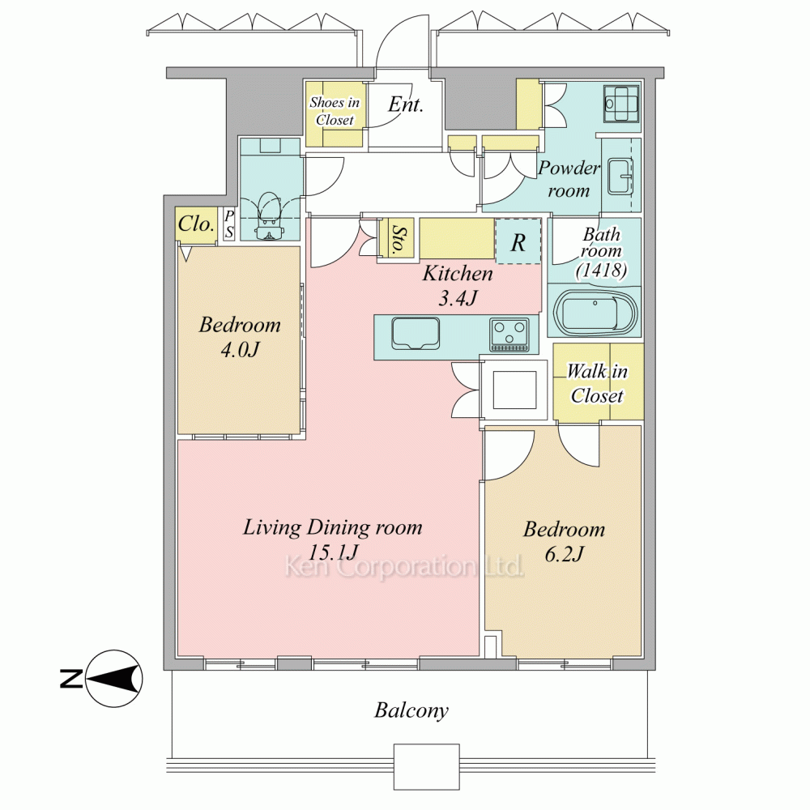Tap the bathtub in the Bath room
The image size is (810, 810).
coord(595,313)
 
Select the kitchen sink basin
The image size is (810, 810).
coord(416,333)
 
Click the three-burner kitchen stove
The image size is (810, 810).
coord(509,335)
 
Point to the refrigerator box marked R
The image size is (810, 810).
coord(518,241)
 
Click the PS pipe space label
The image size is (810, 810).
coord(229,224)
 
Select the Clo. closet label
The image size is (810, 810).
coord(196,224)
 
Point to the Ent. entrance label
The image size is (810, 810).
coord(406,104)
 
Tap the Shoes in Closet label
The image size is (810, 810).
coord(335,111)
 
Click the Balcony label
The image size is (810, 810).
coord(411,711)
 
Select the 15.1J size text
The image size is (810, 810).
coord(333,552)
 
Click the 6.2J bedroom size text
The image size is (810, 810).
coord(564,554)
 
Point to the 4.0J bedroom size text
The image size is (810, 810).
coord(240,350)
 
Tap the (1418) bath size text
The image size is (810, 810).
coord(602,270)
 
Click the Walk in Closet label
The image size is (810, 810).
coord(597,383)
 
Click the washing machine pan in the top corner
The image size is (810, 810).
coord(622,104)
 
